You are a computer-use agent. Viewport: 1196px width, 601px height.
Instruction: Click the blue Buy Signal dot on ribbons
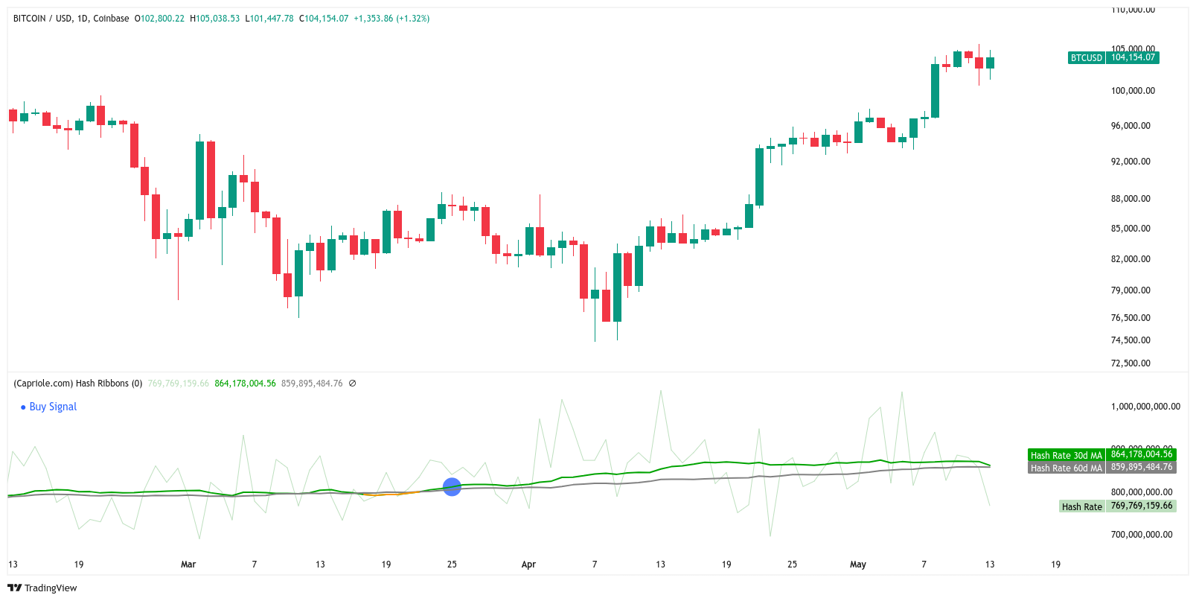452,487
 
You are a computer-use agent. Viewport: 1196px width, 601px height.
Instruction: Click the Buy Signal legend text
53,407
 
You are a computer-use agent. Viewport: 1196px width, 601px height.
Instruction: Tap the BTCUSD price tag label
1086,57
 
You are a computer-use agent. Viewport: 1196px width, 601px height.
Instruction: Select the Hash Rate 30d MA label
1066,455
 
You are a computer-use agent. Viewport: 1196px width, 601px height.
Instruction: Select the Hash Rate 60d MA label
1066,468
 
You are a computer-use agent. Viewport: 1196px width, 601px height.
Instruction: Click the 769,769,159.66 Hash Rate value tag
1141,506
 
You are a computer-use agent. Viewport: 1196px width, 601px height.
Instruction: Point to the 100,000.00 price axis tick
1133,91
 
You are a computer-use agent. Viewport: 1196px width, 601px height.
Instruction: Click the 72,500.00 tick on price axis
1131,363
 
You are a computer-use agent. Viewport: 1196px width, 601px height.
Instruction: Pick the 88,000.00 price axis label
1131,199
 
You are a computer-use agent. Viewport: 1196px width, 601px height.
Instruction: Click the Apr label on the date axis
528,565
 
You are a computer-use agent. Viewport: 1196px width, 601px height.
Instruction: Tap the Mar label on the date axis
188,565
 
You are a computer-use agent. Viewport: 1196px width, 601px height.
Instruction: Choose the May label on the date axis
858,565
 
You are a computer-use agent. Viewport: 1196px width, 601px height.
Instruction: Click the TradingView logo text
50,588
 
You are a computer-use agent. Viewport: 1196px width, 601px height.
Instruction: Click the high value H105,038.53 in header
215,19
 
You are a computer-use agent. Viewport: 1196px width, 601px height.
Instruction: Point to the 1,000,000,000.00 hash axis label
1145,407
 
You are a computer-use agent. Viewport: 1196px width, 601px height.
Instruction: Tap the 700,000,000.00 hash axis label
1141,535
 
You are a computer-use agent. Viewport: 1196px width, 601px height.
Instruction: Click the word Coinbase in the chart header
111,19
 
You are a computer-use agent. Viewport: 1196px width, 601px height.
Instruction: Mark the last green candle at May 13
990,63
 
